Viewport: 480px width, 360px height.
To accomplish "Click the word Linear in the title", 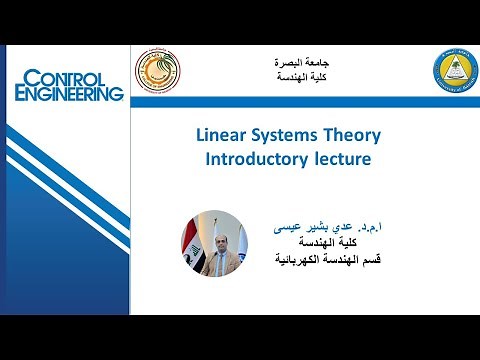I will pos(220,136).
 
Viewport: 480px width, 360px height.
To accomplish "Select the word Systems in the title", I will pos(287,136).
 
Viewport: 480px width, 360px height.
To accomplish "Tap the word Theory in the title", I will pos(352,136).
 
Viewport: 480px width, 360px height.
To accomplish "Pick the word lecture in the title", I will pos(340,159).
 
